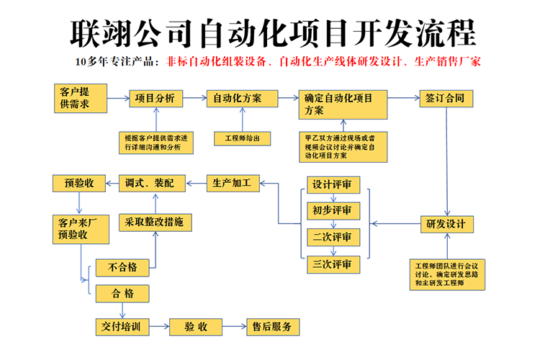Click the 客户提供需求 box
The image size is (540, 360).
click(x=81, y=98)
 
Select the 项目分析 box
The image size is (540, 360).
click(x=156, y=98)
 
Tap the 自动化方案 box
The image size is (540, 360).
click(x=234, y=98)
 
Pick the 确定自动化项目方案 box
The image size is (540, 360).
click(x=344, y=105)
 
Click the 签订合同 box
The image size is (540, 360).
click(x=446, y=98)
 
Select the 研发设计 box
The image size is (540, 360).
click(x=446, y=224)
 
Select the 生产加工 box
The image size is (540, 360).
click(x=232, y=183)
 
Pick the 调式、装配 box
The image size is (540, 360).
click(x=151, y=183)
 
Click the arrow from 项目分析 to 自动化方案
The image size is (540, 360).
click(x=194, y=98)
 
